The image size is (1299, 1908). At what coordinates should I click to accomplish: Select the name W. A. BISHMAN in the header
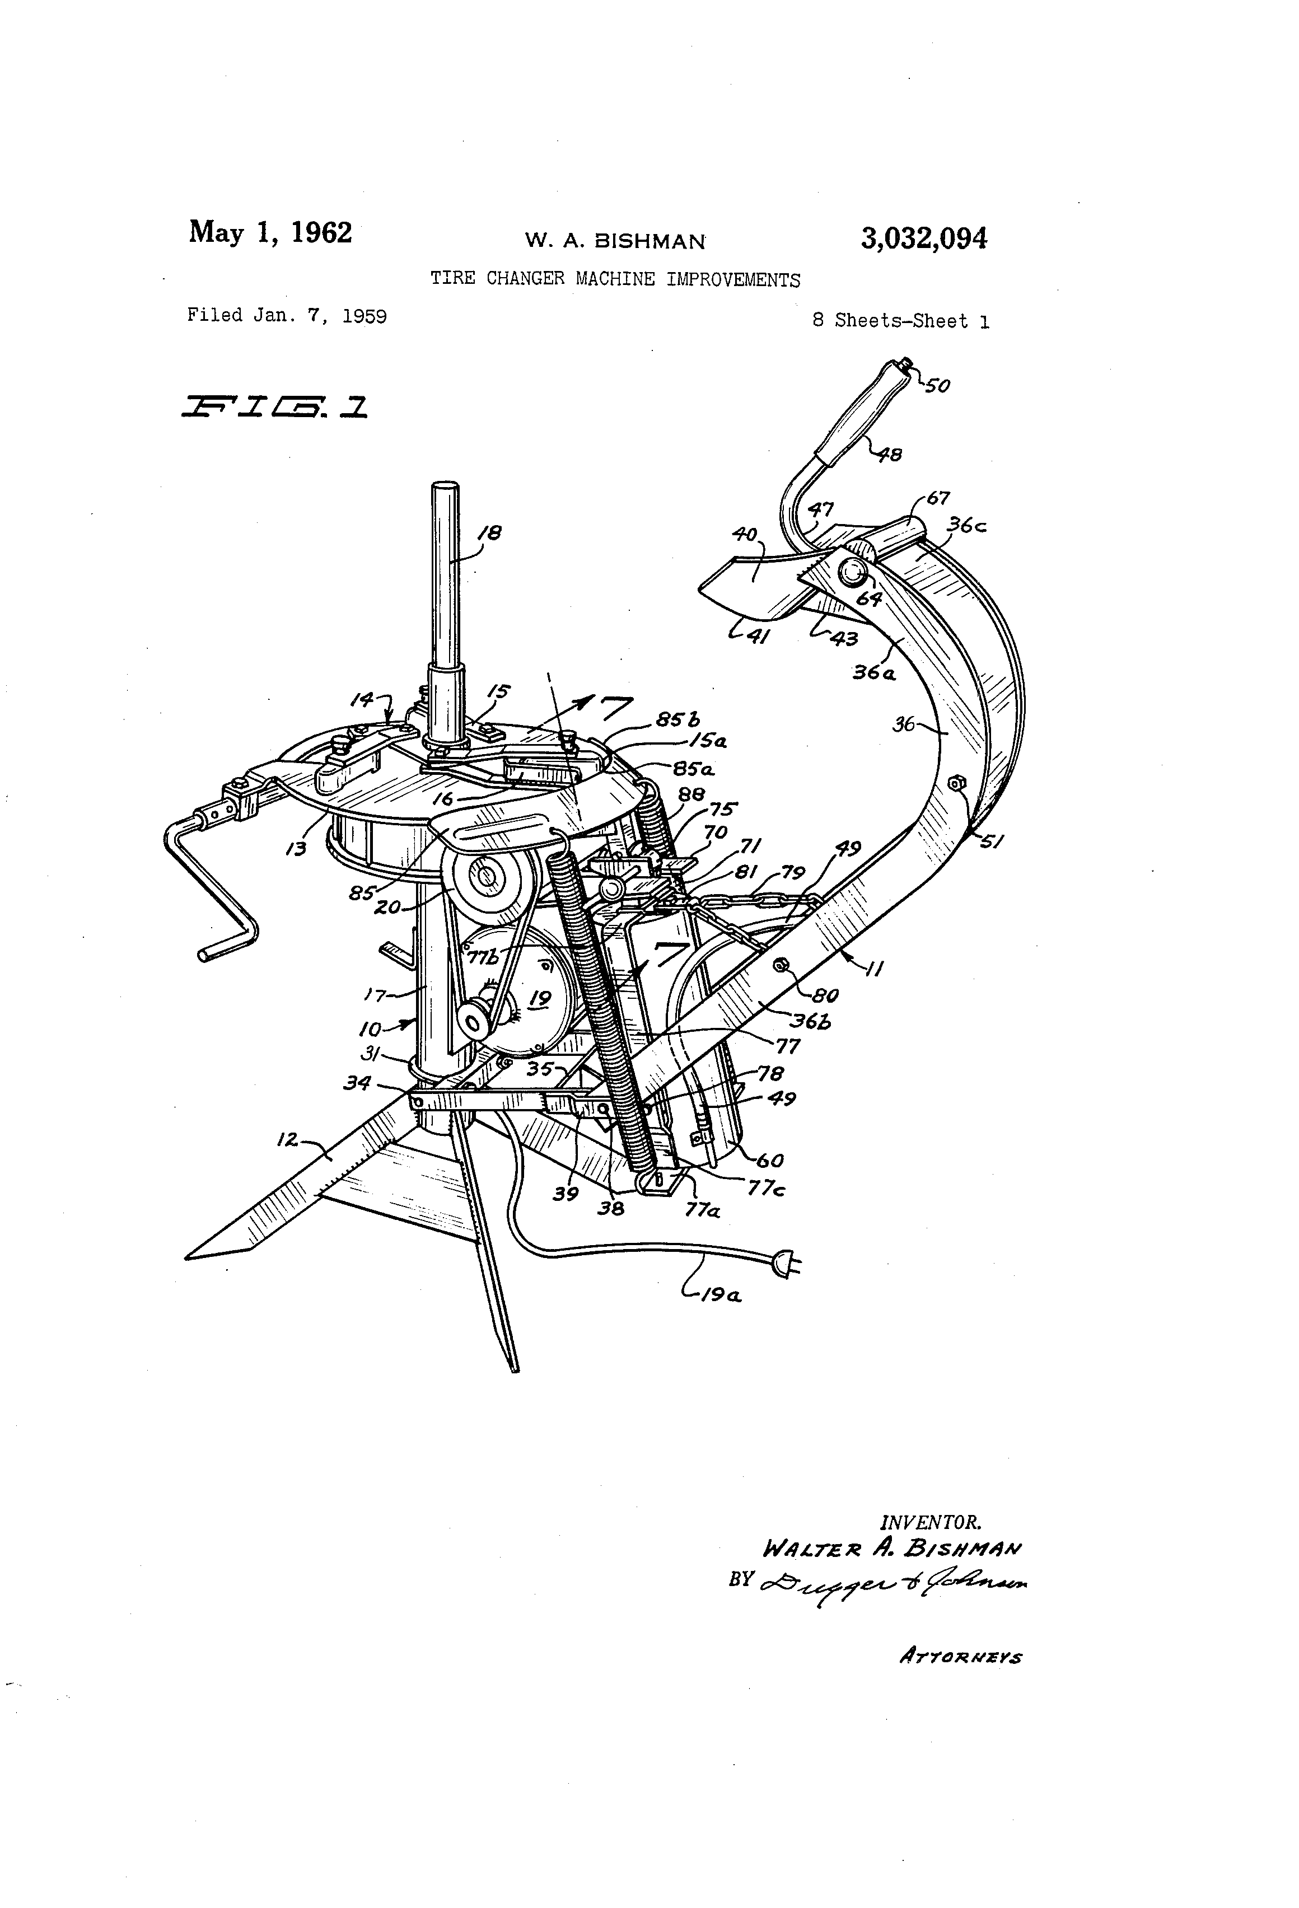tap(615, 241)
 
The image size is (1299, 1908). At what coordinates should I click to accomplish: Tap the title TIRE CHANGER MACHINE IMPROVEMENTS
tap(615, 279)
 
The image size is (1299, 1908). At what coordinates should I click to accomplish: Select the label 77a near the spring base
tap(702, 1210)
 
